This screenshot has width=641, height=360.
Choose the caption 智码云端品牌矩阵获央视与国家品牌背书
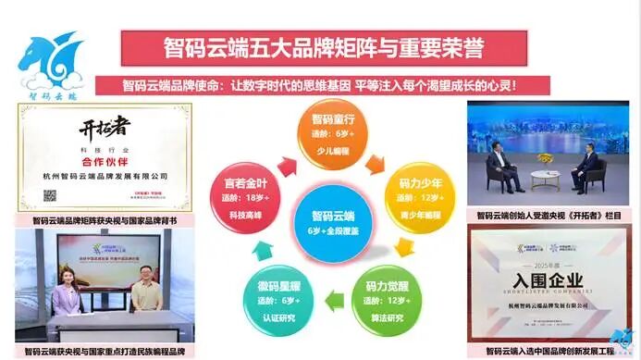point(104,221)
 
